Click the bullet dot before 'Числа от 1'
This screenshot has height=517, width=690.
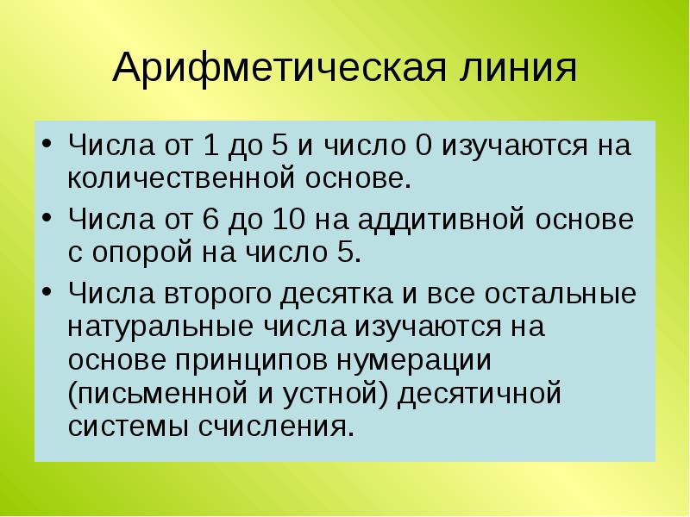48,144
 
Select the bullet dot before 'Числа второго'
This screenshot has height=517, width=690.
48,294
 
